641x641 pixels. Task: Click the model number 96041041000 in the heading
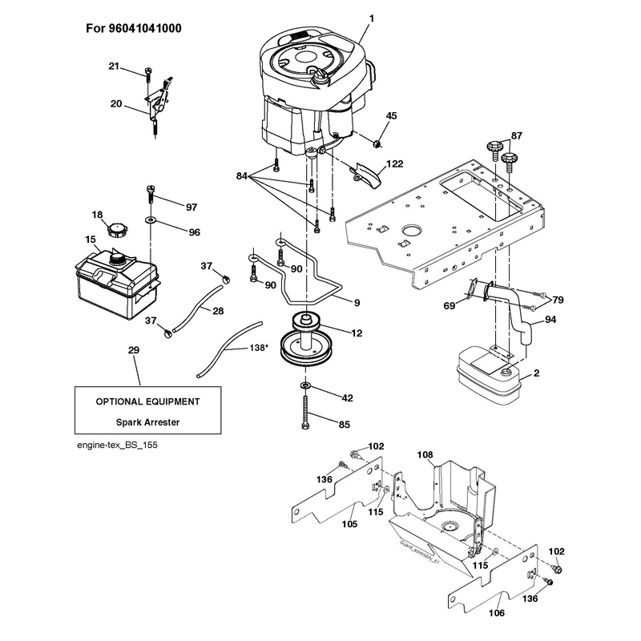click(145, 28)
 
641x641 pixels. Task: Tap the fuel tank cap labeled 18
click(116, 230)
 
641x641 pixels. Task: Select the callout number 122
click(394, 164)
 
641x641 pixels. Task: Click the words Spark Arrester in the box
click(147, 422)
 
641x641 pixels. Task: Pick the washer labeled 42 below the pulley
click(305, 385)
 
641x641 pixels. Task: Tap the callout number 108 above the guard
click(425, 454)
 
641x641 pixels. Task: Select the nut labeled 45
click(377, 143)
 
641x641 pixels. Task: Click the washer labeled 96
click(151, 220)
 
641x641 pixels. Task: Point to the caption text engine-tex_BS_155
click(117, 445)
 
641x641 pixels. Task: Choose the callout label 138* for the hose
click(259, 348)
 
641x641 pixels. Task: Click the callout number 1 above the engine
click(372, 18)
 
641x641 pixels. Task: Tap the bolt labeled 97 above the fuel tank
click(150, 196)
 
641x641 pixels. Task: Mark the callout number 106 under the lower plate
click(497, 613)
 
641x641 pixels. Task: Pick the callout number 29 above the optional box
click(134, 350)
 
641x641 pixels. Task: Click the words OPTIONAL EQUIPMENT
click(148, 402)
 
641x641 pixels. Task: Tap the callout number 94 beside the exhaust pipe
click(550, 319)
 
